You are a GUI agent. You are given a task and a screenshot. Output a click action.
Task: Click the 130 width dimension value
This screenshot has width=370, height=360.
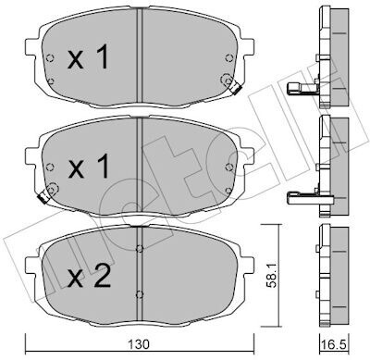tap(139, 344)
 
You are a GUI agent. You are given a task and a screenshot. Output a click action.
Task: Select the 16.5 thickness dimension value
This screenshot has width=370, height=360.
tap(335, 344)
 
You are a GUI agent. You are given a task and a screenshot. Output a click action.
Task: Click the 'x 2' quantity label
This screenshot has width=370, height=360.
tap(89, 277)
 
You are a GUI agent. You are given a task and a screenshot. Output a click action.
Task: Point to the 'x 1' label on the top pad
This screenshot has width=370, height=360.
tap(89, 56)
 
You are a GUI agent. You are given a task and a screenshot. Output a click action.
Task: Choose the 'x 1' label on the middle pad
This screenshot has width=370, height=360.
tap(89, 167)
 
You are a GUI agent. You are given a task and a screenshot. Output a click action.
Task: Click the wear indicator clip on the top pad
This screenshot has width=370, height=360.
tap(236, 89)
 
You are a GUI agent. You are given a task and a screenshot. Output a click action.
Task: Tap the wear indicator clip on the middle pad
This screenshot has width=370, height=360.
tap(43, 197)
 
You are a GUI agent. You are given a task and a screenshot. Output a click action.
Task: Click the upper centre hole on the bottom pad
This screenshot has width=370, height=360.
tap(140, 248)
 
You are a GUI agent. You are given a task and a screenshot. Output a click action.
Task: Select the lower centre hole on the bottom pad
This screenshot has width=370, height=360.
tap(140, 294)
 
